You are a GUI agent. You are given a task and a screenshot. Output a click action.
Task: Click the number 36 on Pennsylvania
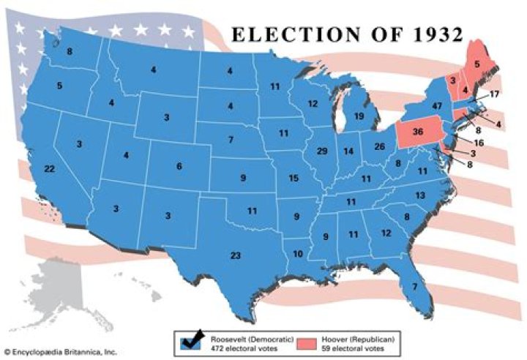418,132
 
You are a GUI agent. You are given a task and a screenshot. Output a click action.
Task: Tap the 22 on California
50,169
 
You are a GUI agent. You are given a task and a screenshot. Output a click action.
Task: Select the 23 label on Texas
235,255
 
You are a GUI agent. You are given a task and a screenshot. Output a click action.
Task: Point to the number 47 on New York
438,106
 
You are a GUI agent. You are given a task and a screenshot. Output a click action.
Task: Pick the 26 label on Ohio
379,146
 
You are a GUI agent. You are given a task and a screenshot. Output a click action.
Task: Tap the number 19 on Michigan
359,116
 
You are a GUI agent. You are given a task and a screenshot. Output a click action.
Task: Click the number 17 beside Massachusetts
494,94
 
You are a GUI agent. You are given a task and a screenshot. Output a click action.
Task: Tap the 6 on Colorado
179,166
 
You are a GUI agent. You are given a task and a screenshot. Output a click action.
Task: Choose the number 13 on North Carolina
419,195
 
